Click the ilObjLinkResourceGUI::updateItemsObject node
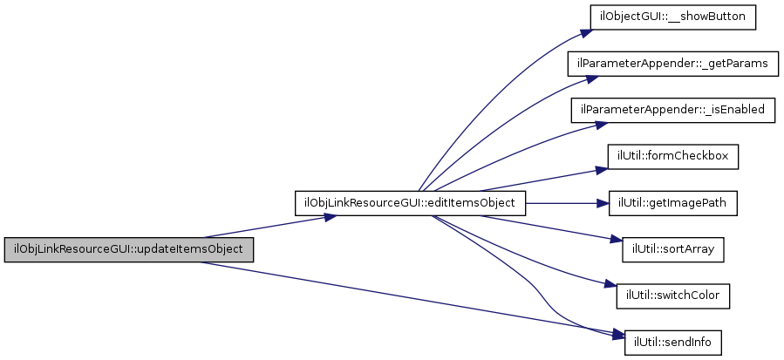(x=129, y=249)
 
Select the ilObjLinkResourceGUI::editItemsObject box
(x=411, y=203)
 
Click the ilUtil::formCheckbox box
(x=672, y=157)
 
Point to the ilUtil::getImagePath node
(x=672, y=203)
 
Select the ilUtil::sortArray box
(x=672, y=249)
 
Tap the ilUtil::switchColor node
(x=672, y=295)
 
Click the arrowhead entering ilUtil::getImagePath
(x=602, y=203)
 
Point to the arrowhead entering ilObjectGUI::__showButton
(x=585, y=32)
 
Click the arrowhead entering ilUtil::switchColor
(x=610, y=287)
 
